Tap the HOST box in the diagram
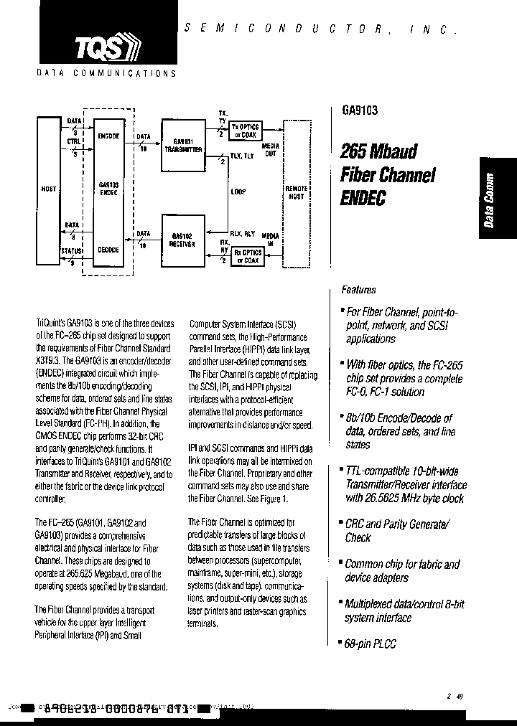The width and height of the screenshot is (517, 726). coord(50,189)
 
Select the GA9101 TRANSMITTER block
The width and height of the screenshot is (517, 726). coord(182,146)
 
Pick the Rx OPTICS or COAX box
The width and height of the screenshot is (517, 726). coord(248,255)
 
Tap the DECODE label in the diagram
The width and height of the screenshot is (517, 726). coord(108,250)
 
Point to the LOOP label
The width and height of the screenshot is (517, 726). coord(239,192)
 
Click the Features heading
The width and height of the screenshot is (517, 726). coord(358,290)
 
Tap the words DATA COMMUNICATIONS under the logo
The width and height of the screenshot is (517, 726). coord(105,73)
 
